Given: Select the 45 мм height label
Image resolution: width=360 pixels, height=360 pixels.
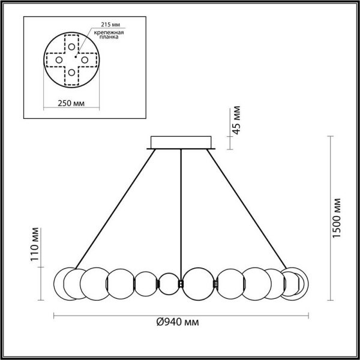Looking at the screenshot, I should click(x=236, y=122).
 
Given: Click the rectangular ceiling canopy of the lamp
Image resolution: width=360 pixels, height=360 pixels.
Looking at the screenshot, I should click(x=180, y=142).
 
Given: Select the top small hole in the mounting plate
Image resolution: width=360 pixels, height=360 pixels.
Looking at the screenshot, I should click(x=71, y=47).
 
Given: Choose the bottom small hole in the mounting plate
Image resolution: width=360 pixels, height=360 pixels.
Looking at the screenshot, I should click(x=71, y=73).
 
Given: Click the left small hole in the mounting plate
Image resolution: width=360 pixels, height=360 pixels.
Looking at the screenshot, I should click(x=58, y=60).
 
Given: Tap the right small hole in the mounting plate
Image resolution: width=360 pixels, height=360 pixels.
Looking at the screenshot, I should click(x=85, y=60).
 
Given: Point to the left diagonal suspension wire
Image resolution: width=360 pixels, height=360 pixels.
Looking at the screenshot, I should click(x=114, y=208).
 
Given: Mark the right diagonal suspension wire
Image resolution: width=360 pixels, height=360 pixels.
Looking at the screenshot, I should click(x=246, y=208).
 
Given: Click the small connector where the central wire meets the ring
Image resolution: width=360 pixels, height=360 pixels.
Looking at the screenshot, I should click(x=181, y=283).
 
